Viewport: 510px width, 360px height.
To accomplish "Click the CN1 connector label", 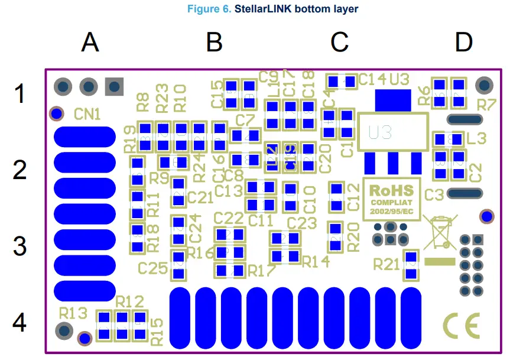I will [x=87, y=113].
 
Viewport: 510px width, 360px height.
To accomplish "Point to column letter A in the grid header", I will [x=90, y=43].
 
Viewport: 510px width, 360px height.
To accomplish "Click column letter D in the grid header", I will [x=464, y=43].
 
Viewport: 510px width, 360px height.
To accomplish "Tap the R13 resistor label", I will [x=73, y=312].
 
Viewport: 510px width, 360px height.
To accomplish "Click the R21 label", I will [x=386, y=264].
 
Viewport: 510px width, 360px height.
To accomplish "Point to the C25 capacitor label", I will [x=153, y=268].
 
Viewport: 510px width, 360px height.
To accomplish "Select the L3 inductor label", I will [x=476, y=139].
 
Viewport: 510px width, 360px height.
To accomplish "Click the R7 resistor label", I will [x=486, y=106].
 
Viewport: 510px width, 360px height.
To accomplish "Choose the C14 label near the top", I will [x=372, y=78].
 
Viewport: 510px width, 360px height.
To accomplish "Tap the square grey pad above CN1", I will [x=114, y=86].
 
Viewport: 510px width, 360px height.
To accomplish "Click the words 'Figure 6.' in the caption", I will [x=209, y=9].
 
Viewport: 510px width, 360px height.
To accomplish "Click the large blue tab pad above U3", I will [x=393, y=98].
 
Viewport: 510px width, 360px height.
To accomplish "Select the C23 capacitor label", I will [x=302, y=223].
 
